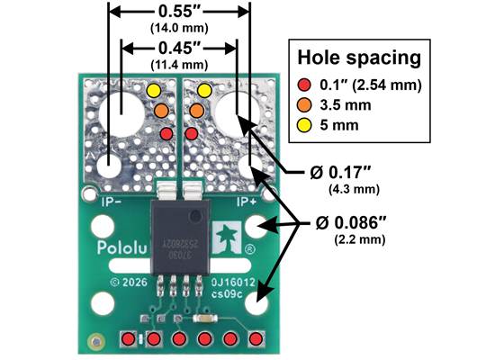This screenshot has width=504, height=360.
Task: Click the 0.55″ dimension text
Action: [179, 14]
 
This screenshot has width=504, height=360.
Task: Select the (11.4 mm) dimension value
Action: [179, 64]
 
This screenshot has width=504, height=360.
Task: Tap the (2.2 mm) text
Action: [358, 241]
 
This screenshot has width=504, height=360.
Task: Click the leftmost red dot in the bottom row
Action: [130, 338]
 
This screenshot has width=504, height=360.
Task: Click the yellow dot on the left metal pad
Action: [153, 91]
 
